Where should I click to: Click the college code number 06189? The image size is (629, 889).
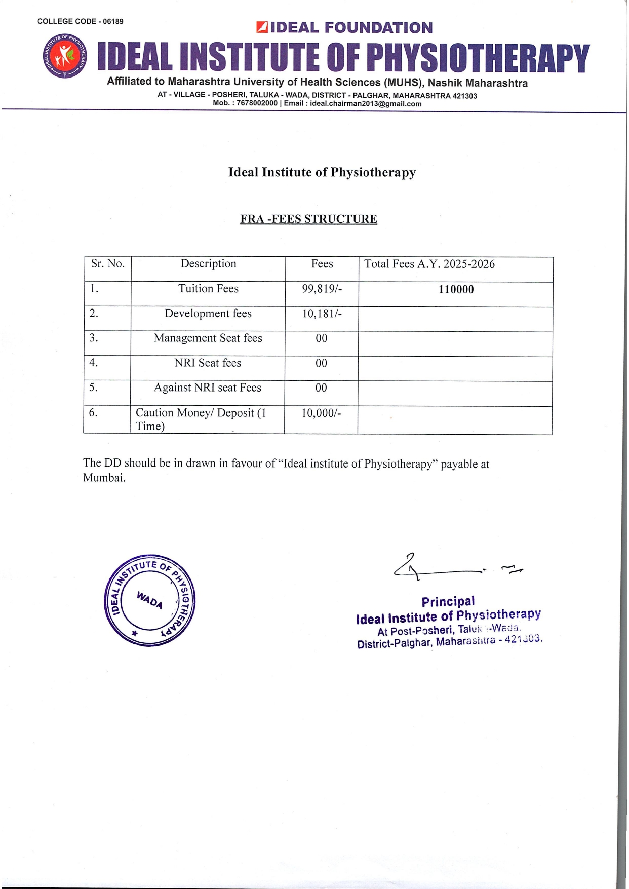tap(113, 21)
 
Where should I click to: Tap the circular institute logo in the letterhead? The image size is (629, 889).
tap(64, 56)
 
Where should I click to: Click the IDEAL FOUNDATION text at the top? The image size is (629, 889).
tap(351, 28)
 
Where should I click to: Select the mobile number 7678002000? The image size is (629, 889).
tap(257, 103)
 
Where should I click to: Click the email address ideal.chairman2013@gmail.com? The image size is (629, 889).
tap(366, 104)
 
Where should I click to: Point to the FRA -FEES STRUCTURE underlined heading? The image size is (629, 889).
tap(308, 219)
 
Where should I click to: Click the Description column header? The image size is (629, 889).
tap(208, 264)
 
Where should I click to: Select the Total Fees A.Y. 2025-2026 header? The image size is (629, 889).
tap(429, 264)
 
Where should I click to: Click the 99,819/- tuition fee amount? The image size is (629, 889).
tap(322, 289)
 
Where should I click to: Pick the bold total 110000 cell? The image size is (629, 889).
tap(456, 290)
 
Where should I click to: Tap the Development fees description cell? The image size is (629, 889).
tap(208, 314)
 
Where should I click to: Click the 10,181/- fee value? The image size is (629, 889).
tap(322, 314)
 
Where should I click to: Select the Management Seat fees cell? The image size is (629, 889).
tap(208, 338)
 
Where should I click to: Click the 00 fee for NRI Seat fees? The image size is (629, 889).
tap(322, 363)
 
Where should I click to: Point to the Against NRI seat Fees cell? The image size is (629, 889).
tap(208, 388)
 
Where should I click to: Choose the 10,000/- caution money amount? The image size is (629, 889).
tap(322, 413)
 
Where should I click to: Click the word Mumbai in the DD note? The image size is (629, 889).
tap(103, 478)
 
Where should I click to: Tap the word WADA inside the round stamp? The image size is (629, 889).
tap(149, 600)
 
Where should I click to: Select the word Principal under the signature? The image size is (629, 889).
tap(448, 602)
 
